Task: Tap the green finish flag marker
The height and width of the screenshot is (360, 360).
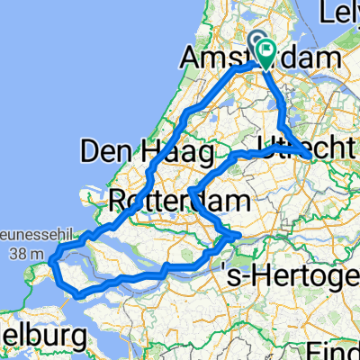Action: [x=267, y=53]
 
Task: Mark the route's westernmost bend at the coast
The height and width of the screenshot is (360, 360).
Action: [x=52, y=262]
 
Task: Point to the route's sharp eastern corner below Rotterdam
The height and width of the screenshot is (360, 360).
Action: [x=238, y=236]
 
